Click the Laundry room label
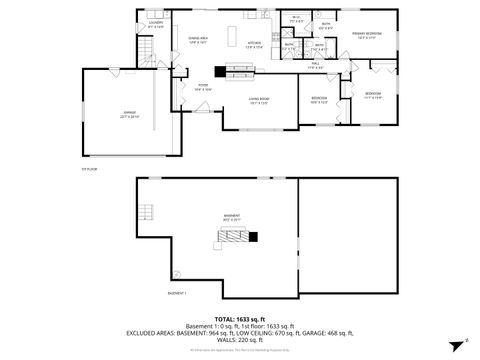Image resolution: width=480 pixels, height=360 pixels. (155, 24)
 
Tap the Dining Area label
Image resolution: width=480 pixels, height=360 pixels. (196, 41)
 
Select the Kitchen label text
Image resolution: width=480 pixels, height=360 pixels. (254, 43)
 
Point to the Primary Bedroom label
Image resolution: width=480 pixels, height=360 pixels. (365, 34)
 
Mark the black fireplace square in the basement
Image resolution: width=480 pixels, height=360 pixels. (252, 237)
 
